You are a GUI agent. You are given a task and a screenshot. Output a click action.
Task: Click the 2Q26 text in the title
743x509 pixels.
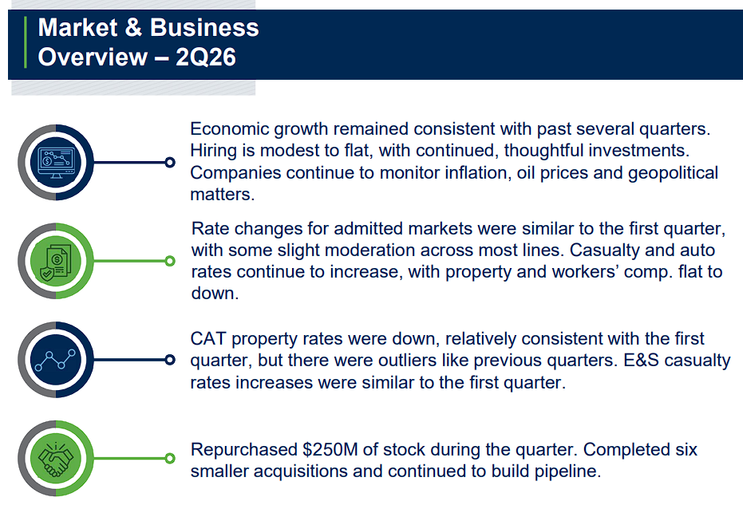point(206,57)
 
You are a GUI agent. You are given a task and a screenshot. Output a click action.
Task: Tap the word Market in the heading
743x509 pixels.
point(77,27)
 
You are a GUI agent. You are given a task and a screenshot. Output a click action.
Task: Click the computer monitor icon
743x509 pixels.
point(56,163)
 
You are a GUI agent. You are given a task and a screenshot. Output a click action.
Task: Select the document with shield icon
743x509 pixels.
point(56,262)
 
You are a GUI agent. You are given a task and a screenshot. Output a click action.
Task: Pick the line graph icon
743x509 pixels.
point(56,360)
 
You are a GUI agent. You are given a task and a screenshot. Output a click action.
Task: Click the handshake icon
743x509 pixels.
point(56,458)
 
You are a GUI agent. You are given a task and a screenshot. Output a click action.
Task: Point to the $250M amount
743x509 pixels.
point(330,449)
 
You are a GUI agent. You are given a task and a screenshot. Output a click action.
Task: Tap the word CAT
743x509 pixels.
point(208,338)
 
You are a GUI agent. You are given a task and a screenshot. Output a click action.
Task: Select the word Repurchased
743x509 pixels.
point(243,450)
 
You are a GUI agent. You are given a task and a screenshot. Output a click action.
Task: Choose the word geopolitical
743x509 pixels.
point(673,173)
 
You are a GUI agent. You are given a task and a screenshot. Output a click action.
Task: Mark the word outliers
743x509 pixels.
point(405,361)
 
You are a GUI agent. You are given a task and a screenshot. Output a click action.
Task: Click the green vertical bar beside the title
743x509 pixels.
point(26,42)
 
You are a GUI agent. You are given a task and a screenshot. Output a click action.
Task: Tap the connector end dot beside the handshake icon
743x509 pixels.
point(170,458)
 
